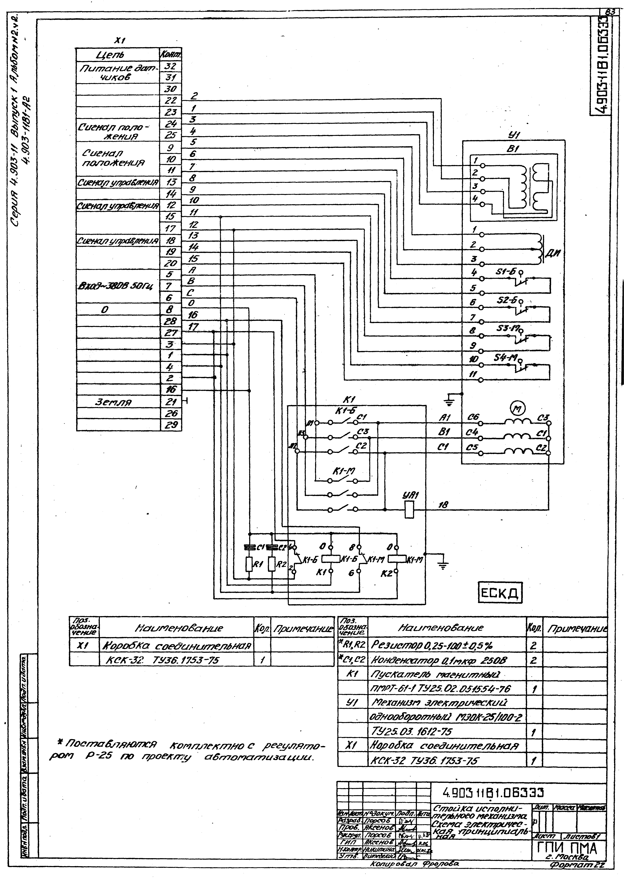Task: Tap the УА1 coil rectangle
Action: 410,510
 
